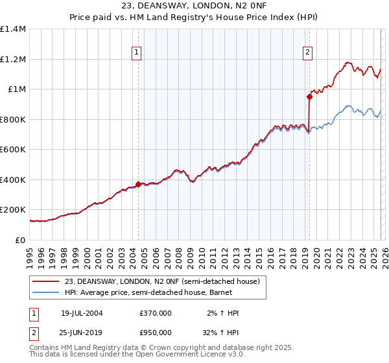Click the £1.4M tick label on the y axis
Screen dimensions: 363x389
13,29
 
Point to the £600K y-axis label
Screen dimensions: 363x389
13,150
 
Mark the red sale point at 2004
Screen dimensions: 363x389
138,184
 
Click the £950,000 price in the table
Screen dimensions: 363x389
155,333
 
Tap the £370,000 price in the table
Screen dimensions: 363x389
155,313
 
